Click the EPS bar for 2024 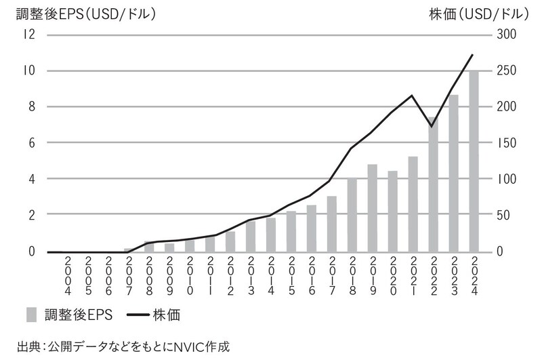pyautogui.click(x=474, y=161)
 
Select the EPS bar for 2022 pyautogui.click(x=433, y=184)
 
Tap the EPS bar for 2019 pyautogui.click(x=372, y=207)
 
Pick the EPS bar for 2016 pyautogui.click(x=311, y=228)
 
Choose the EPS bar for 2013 pyautogui.click(x=250, y=236)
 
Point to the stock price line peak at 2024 pyautogui.click(x=473, y=54)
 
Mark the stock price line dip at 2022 pyautogui.click(x=432, y=127)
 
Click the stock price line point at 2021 pyautogui.click(x=412, y=95)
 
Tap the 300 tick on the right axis pyautogui.click(x=508, y=35)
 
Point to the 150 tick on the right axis pyautogui.click(x=508, y=142)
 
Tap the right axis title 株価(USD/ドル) pyautogui.click(x=478, y=12)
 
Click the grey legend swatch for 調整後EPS pyautogui.click(x=32, y=314)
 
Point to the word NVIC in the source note pyautogui.click(x=163, y=347)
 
